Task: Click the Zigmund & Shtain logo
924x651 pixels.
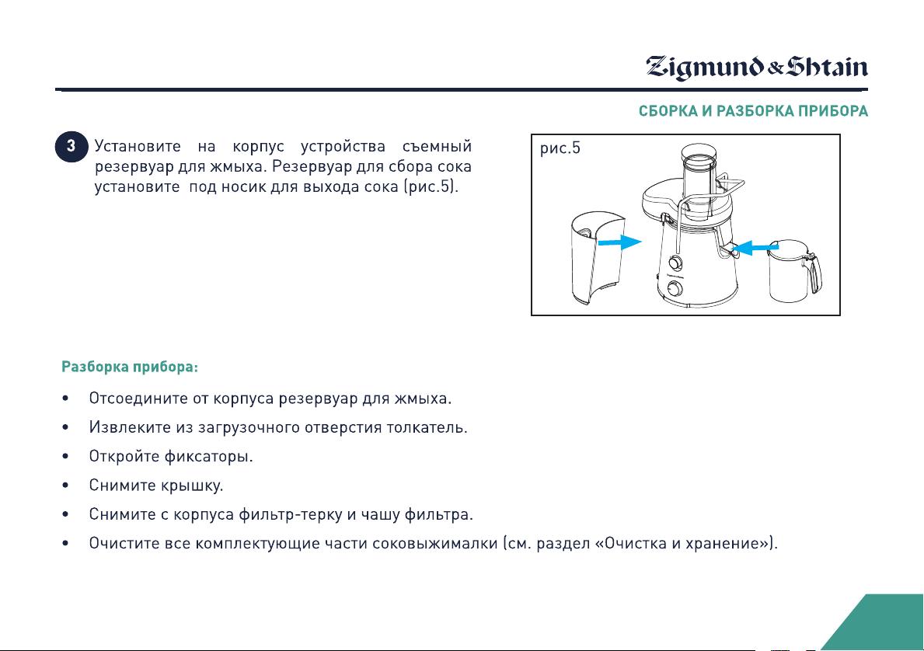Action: coord(757,67)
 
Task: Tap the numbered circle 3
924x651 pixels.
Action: coord(71,147)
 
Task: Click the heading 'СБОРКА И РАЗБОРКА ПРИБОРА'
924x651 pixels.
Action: coord(753,111)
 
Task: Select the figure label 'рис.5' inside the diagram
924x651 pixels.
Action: coord(560,148)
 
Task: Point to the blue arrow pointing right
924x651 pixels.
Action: coord(619,242)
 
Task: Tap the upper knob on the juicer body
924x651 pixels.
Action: coord(675,263)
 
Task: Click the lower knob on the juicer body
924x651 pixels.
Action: coord(675,288)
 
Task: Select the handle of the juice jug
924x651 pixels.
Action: coord(817,272)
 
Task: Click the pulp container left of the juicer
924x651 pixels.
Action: coord(596,259)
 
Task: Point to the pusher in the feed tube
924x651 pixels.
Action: coord(699,177)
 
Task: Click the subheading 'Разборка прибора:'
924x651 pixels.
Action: coord(130,367)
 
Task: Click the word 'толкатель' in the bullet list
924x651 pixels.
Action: coord(427,427)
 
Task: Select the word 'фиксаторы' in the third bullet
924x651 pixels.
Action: coord(208,457)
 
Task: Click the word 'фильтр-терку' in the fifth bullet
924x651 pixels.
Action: coord(290,514)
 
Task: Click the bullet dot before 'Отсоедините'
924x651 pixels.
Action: coord(65,399)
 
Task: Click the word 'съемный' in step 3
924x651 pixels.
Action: coord(437,146)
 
